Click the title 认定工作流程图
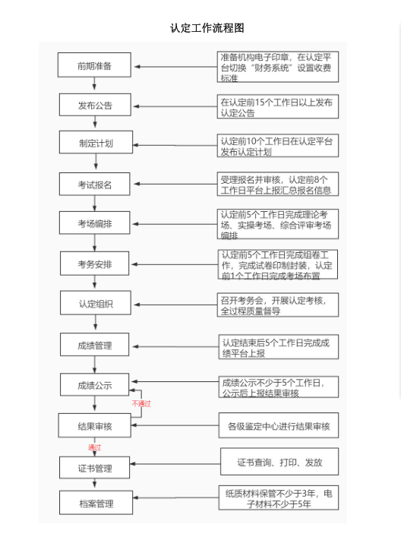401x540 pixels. (x=207, y=28)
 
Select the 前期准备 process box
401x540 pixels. (x=94, y=65)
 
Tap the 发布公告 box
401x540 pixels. (x=95, y=105)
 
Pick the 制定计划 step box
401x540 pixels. (x=96, y=142)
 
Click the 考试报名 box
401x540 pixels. (x=95, y=184)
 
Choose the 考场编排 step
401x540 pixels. (x=95, y=223)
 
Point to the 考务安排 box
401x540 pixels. (x=95, y=264)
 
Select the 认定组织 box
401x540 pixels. (x=96, y=303)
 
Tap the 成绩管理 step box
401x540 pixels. (x=95, y=344)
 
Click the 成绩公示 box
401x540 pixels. (x=95, y=384)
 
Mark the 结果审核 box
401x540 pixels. (x=95, y=425)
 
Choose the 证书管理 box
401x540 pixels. (x=95, y=468)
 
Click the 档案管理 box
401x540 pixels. (x=96, y=503)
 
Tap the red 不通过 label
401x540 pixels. (x=141, y=403)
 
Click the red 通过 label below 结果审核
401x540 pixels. (x=94, y=447)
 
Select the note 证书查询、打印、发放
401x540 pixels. (x=279, y=462)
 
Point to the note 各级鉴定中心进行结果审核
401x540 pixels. (x=279, y=425)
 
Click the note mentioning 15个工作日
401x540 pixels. (x=278, y=106)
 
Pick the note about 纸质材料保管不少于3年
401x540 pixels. (x=279, y=497)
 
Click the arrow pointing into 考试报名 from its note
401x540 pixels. (x=175, y=184)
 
